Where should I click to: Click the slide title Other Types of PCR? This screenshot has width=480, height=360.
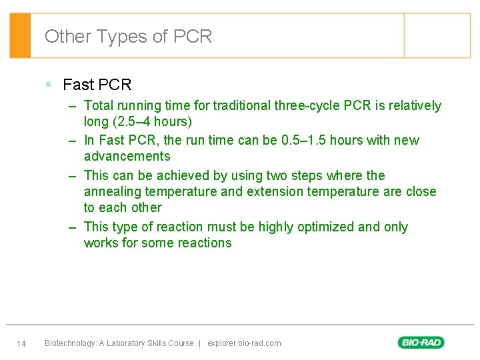click(x=128, y=36)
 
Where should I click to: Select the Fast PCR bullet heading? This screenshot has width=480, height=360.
click(x=97, y=85)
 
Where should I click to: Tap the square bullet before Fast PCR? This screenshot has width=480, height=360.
click(x=49, y=85)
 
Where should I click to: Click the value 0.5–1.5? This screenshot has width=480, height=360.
click(x=304, y=141)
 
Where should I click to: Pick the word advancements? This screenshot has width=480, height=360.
click(x=127, y=157)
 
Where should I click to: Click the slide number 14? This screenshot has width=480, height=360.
click(x=21, y=344)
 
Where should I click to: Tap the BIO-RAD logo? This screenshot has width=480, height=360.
click(x=421, y=343)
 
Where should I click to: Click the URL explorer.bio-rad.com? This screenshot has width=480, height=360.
click(x=244, y=343)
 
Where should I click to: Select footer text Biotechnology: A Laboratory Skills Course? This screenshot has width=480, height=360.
click(x=119, y=343)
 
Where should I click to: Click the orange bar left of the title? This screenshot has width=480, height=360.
click(x=20, y=36)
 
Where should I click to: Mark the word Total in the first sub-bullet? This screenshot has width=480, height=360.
click(x=99, y=105)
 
